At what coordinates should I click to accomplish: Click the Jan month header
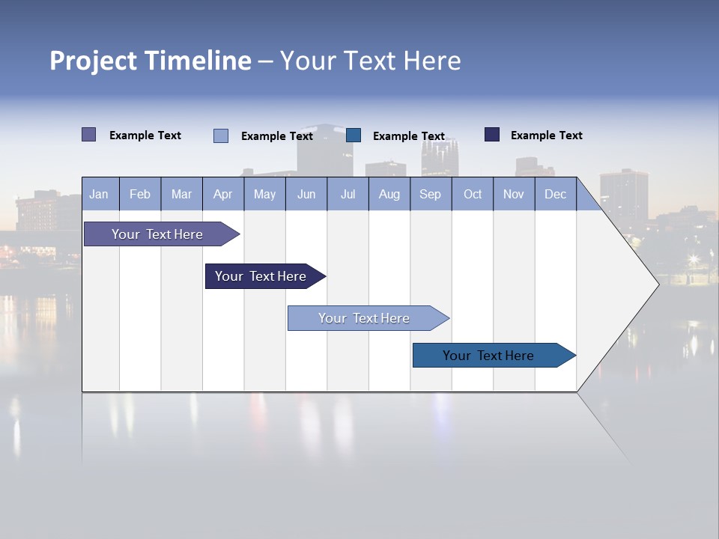(99, 195)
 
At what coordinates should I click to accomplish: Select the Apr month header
(222, 195)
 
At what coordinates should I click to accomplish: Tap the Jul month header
(348, 195)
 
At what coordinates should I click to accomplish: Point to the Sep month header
(430, 195)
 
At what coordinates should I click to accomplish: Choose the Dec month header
(555, 195)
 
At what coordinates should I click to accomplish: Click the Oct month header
(472, 195)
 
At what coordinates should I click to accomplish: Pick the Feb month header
(140, 195)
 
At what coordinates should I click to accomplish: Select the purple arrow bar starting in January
(157, 234)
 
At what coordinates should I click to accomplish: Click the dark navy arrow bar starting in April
(261, 276)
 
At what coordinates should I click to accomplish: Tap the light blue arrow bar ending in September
(364, 318)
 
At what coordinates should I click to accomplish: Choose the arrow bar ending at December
(488, 356)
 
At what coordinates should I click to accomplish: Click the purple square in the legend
(89, 135)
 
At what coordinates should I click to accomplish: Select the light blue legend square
(221, 135)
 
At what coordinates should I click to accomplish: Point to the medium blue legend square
(354, 135)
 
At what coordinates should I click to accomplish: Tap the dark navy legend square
(492, 135)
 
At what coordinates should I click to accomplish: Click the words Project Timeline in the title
(150, 61)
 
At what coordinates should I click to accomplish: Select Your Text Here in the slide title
(370, 61)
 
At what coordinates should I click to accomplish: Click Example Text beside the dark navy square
(546, 135)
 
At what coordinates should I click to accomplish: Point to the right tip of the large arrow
(657, 284)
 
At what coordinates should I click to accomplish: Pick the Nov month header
(514, 195)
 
